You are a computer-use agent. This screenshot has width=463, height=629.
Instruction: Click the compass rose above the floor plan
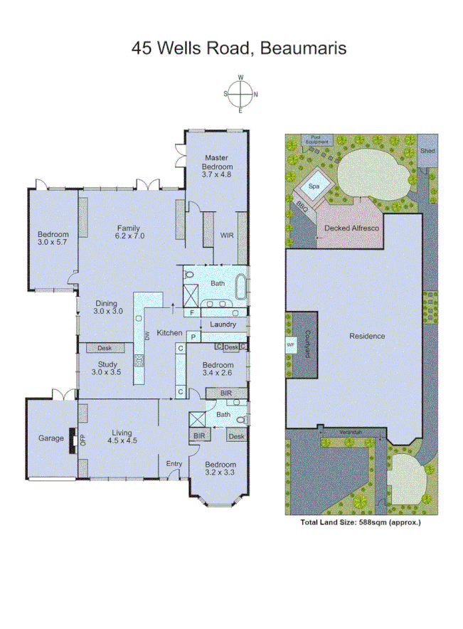241,94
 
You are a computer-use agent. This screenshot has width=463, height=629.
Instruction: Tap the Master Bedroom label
216,165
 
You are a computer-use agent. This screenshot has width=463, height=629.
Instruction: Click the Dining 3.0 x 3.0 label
108,307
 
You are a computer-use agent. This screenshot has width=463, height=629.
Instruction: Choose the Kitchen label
170,333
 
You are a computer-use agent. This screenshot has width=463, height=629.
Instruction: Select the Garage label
50,438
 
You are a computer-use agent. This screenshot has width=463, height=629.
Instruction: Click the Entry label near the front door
174,464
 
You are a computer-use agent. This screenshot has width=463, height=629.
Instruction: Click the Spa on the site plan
313,187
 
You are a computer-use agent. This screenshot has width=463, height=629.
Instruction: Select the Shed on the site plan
427,151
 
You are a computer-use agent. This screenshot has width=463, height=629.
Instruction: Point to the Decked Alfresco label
350,228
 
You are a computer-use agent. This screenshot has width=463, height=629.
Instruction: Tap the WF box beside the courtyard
290,344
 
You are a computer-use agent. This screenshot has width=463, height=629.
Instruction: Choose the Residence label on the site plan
366,336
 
